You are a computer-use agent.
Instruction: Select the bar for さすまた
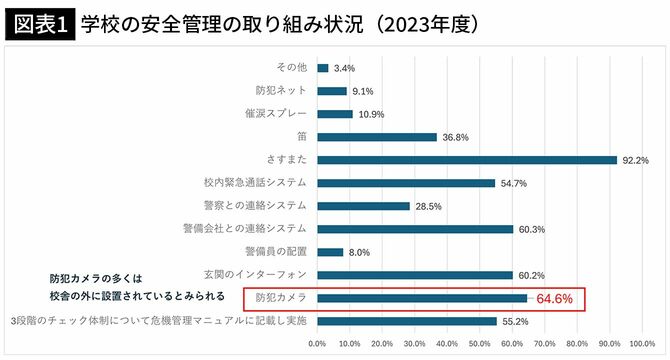(467, 160)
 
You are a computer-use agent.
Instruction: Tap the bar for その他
(323, 68)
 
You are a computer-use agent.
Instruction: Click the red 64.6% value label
(554, 298)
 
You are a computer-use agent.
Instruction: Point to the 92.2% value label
(636, 160)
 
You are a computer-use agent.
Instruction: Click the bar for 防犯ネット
(332, 91)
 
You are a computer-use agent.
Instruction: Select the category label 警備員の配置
(275, 252)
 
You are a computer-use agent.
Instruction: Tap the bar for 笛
(377, 137)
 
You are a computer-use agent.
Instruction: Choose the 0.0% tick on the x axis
(317, 343)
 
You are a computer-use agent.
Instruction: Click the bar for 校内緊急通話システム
(406, 183)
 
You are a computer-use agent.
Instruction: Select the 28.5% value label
(428, 206)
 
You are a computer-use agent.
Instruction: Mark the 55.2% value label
(515, 321)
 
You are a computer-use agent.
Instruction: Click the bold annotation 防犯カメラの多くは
(98, 277)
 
